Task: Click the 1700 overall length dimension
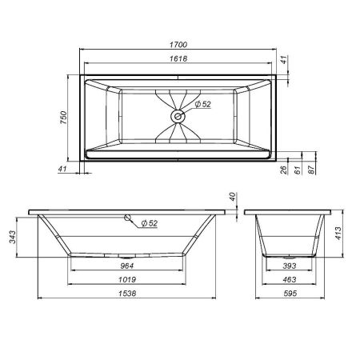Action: click(x=180, y=46)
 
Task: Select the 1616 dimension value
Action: click(x=180, y=60)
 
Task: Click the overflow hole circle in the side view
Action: click(x=126, y=218)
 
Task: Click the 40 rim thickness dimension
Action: click(x=234, y=197)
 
